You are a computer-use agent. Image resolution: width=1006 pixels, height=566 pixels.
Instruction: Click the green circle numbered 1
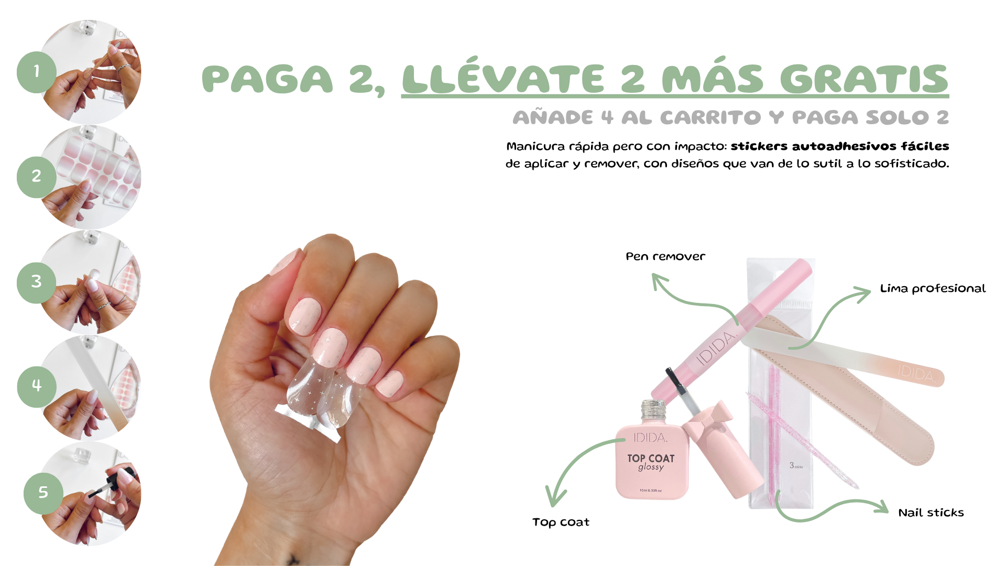tap(37, 72)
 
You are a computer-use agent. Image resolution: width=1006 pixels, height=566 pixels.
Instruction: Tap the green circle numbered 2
tap(37, 177)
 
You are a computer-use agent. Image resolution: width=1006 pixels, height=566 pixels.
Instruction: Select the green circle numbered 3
tap(37, 282)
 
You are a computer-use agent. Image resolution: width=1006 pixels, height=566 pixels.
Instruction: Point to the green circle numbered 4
tap(37, 387)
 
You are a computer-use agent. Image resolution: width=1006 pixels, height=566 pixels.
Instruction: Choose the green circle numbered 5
tap(43, 493)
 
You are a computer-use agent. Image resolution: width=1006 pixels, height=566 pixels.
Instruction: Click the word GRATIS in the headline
tap(864, 79)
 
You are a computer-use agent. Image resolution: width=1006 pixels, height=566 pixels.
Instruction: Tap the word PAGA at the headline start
tap(267, 79)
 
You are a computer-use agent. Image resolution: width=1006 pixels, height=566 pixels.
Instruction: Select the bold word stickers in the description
tap(759, 146)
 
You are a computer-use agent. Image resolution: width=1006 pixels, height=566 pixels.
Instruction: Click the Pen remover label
tap(665, 257)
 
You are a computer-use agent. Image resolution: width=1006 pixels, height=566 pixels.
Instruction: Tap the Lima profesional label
tap(933, 288)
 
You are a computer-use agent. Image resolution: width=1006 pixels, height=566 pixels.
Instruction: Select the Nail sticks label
tap(931, 513)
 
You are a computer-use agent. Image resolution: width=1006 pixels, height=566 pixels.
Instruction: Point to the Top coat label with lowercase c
tap(561, 522)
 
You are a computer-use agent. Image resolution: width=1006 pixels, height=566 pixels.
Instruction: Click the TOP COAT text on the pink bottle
tap(651, 458)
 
